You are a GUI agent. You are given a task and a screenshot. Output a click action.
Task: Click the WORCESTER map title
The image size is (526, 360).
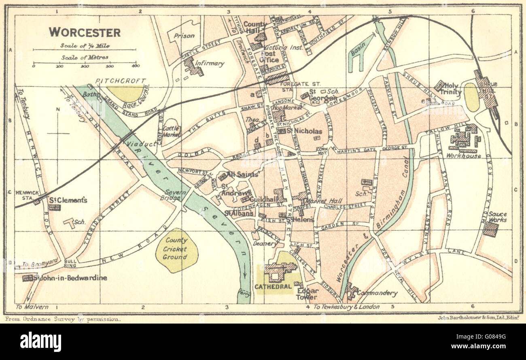[x=85, y=32]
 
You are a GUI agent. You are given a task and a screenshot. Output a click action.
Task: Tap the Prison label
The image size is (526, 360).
[x=184, y=36]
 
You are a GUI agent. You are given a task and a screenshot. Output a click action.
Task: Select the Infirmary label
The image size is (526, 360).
[x=209, y=64]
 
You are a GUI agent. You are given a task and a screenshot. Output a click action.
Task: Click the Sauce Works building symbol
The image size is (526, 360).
[x=490, y=229]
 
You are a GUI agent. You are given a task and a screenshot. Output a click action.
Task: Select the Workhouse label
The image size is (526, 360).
[x=464, y=156]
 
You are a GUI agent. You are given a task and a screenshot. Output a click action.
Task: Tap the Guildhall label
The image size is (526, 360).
[x=263, y=200]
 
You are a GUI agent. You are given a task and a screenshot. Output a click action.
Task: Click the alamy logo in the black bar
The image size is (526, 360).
[x=40, y=341]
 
